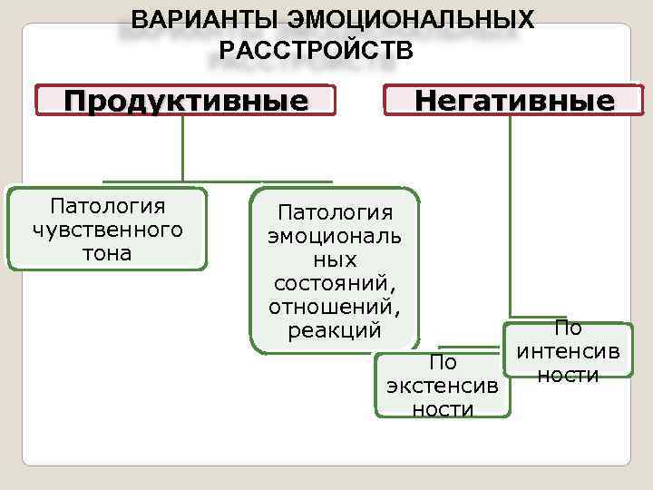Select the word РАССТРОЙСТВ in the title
click(x=316, y=49)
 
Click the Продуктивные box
click(x=186, y=100)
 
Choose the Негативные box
click(x=513, y=100)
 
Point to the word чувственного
click(x=107, y=230)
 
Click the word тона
click(x=107, y=253)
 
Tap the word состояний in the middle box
click(x=336, y=283)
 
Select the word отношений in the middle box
click(x=336, y=307)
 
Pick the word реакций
click(x=336, y=330)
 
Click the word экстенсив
click(x=442, y=386)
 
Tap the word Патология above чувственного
click(x=107, y=206)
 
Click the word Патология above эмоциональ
click(x=336, y=212)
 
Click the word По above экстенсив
click(x=442, y=363)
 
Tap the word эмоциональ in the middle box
click(x=336, y=236)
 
